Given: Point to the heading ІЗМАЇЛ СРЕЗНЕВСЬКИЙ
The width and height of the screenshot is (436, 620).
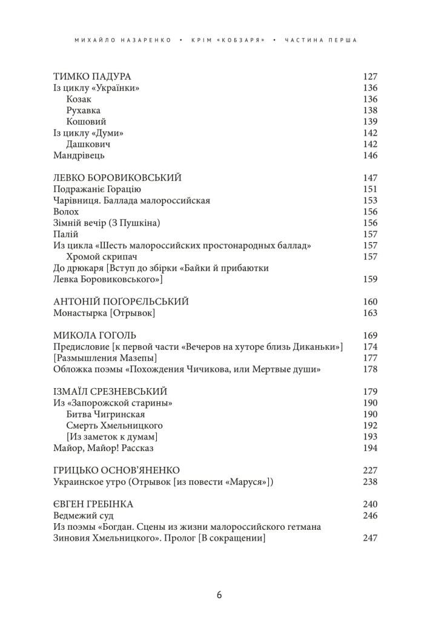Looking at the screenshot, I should (111, 391).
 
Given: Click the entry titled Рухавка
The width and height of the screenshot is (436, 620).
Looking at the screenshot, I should (84, 110).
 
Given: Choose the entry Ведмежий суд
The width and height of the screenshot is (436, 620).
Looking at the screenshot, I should (79, 516).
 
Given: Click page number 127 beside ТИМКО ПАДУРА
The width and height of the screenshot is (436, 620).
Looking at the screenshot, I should (369, 77).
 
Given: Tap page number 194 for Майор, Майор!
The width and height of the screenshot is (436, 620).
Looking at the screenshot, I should (369, 448).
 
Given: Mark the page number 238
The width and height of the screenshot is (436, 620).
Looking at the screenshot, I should (369, 482).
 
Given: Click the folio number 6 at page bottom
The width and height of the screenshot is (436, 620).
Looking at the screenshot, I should (219, 594).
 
